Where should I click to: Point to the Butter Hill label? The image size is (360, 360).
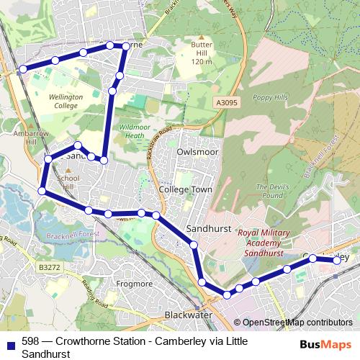click(x=202, y=53)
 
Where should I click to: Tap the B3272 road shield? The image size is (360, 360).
click(x=50, y=266)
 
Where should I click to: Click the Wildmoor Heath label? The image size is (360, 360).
click(x=135, y=130)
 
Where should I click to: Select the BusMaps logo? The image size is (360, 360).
click(x=325, y=344)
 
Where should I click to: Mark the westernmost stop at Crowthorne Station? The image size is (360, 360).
click(x=23, y=69)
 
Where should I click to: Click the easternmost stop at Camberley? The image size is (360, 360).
click(x=337, y=261)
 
